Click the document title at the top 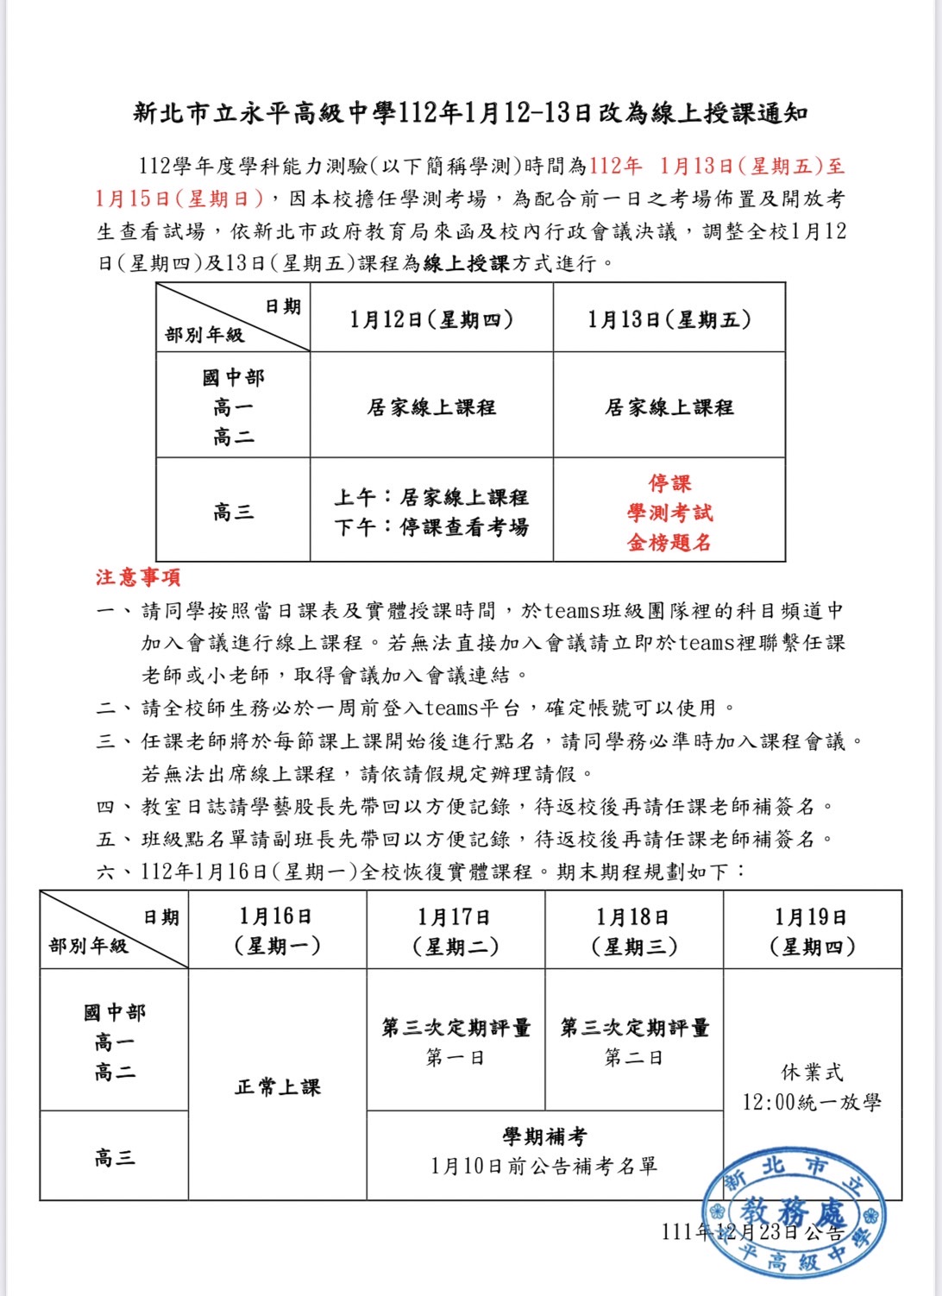(x=470, y=113)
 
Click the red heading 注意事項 (x=138, y=577)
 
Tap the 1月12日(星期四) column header (x=431, y=319)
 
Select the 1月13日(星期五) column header (x=669, y=319)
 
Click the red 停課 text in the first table (x=669, y=483)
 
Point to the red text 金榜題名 (x=669, y=543)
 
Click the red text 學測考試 (x=669, y=513)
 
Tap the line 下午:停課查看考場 (x=431, y=527)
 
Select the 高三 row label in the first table (x=233, y=513)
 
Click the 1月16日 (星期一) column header (x=277, y=931)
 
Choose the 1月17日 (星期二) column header (x=455, y=931)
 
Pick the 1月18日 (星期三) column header (x=634, y=931)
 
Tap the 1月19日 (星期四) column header (x=812, y=931)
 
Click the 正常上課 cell (x=277, y=1086)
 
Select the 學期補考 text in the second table (x=544, y=1136)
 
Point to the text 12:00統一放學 (x=812, y=1102)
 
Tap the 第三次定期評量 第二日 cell (x=634, y=1041)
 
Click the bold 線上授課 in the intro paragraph (x=466, y=263)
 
